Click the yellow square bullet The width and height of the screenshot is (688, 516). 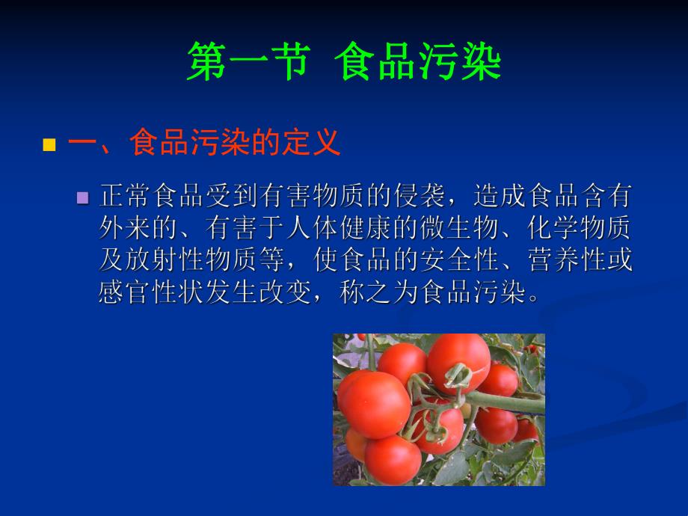50,144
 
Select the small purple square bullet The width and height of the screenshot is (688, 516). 83,198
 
